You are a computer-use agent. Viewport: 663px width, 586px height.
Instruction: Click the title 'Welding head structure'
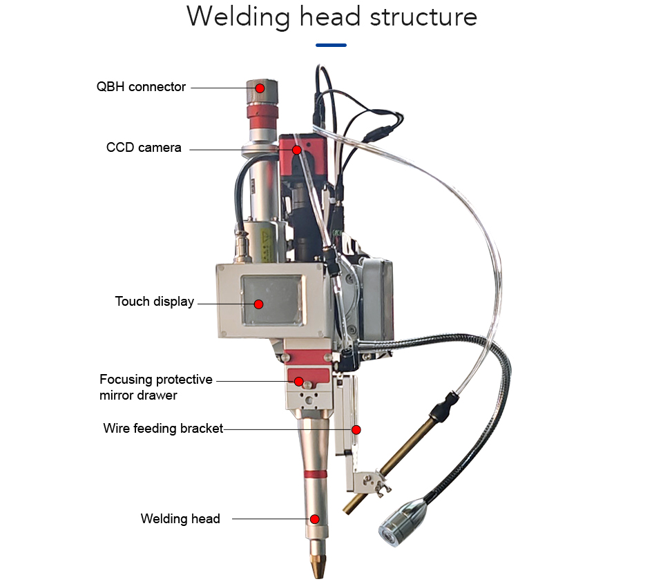point(332,17)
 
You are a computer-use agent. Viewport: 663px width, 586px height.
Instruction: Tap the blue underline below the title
point(331,45)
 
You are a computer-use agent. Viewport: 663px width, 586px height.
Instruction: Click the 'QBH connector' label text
point(141,86)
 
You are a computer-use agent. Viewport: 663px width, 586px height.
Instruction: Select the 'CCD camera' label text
point(144,148)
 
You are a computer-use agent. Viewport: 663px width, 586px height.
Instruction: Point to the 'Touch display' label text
point(154,302)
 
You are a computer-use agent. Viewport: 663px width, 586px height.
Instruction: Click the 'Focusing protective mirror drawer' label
point(155,387)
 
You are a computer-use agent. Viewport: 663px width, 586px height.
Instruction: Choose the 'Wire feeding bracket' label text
point(163,429)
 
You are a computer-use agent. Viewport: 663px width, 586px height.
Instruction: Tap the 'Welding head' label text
point(180,519)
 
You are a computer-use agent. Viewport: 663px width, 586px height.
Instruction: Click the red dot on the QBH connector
point(260,88)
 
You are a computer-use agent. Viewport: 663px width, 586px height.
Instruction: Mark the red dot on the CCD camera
point(297,150)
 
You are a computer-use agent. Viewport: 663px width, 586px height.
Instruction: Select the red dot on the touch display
point(259,304)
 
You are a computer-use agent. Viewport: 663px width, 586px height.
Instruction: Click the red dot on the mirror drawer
point(299,382)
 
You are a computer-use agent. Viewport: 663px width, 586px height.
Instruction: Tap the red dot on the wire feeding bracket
point(356,430)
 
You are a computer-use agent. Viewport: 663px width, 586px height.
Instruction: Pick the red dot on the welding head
point(315,519)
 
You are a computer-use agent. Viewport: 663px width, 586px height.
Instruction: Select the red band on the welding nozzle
point(316,473)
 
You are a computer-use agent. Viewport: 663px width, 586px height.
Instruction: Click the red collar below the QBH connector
point(262,117)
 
